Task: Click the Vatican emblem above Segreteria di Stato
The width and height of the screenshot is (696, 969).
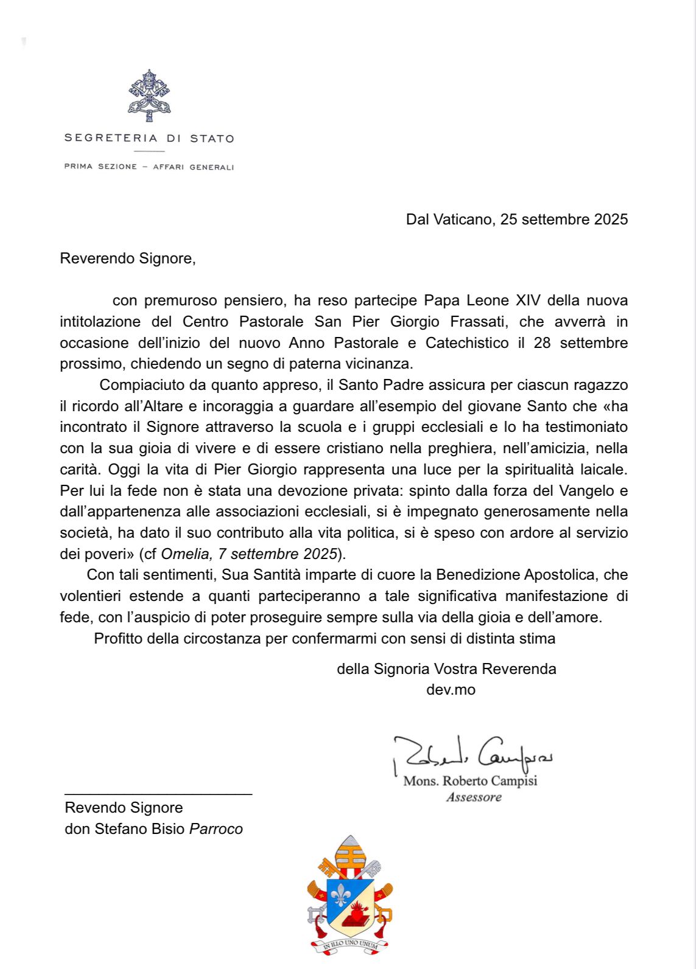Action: (149, 96)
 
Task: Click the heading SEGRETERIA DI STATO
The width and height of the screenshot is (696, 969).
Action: (149, 138)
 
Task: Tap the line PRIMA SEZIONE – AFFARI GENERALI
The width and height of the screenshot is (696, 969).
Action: (149, 167)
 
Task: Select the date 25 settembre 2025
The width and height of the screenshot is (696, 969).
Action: (564, 220)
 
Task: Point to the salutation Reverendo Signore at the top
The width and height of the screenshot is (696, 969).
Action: (127, 259)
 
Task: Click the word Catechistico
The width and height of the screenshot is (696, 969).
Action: (466, 343)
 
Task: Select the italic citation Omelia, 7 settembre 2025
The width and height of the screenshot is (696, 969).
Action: (249, 554)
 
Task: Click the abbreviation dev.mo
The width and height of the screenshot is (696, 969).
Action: (451, 690)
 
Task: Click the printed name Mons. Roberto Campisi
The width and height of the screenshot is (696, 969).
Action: (470, 781)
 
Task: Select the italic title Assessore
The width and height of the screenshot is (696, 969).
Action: (474, 797)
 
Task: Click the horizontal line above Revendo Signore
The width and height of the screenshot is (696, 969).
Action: (158, 794)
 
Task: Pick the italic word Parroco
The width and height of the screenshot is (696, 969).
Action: (216, 829)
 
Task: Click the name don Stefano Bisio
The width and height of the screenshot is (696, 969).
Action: (125, 829)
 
